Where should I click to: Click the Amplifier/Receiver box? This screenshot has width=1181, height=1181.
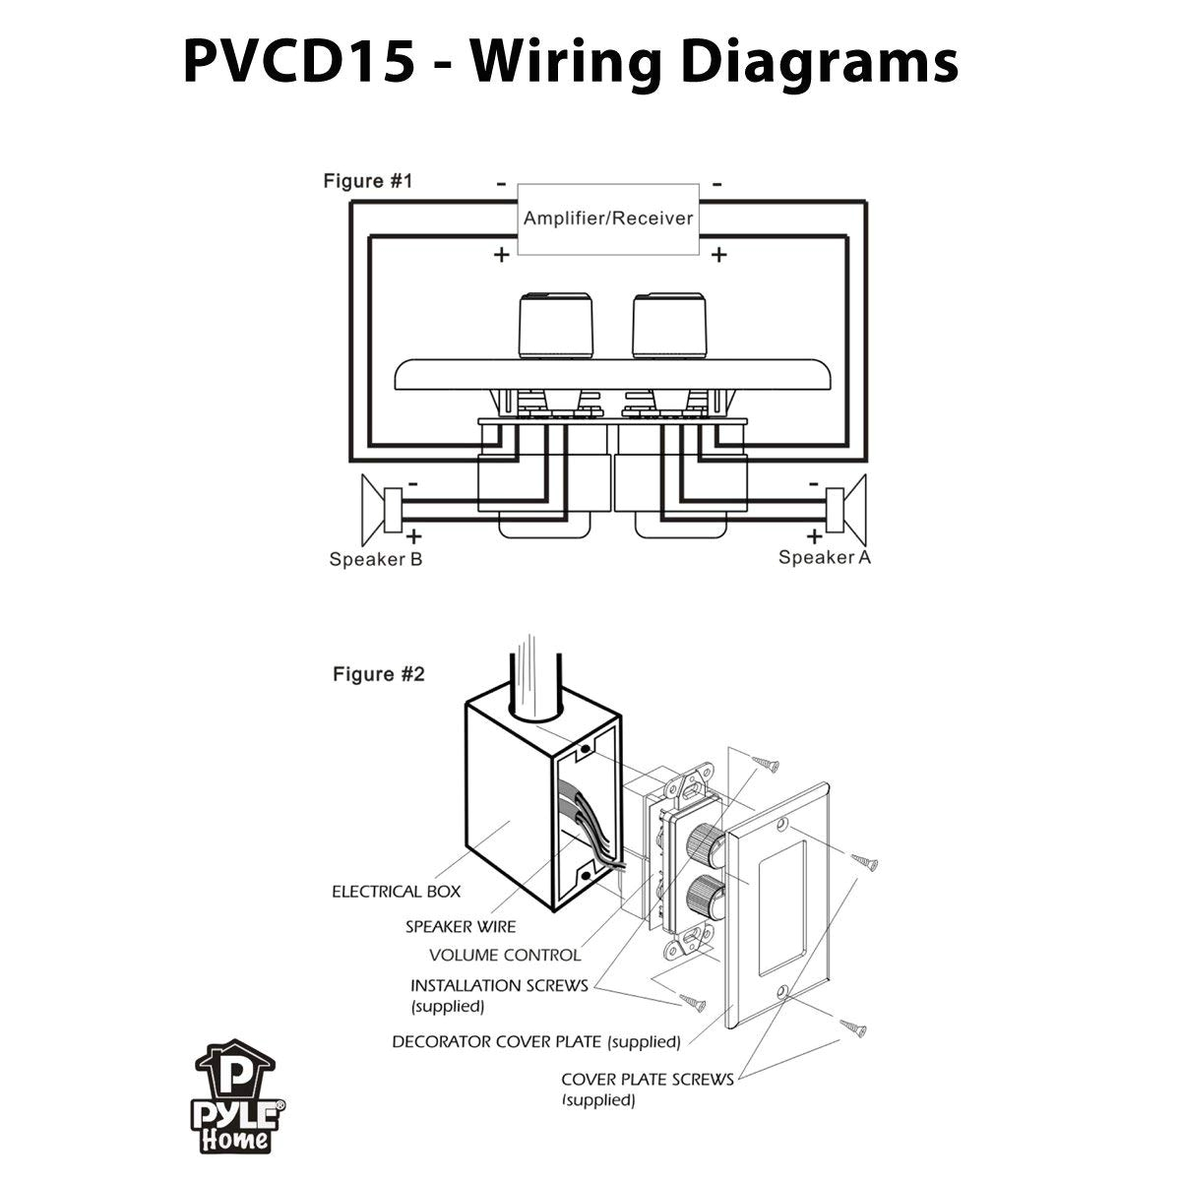608,218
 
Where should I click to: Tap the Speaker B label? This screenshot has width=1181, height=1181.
376,560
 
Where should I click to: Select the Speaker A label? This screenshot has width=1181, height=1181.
825,558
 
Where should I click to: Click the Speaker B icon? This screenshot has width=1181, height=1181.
380,509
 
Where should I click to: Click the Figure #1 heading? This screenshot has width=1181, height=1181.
368,181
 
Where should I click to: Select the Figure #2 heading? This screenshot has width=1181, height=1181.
379,674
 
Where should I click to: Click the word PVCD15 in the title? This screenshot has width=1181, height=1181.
298,62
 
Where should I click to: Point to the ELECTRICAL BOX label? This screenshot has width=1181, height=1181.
396,892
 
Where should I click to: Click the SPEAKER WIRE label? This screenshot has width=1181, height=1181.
461,926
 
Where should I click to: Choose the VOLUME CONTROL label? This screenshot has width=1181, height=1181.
505,955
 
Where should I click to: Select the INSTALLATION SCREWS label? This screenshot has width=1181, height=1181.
499,985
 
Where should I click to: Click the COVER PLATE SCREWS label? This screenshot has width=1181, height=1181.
647,1079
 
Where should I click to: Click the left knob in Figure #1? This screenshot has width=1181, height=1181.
557,328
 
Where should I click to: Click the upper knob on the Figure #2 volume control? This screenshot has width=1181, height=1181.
706,839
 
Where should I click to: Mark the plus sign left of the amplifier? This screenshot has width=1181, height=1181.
501,255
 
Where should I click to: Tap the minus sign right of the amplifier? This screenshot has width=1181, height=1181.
717,183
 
